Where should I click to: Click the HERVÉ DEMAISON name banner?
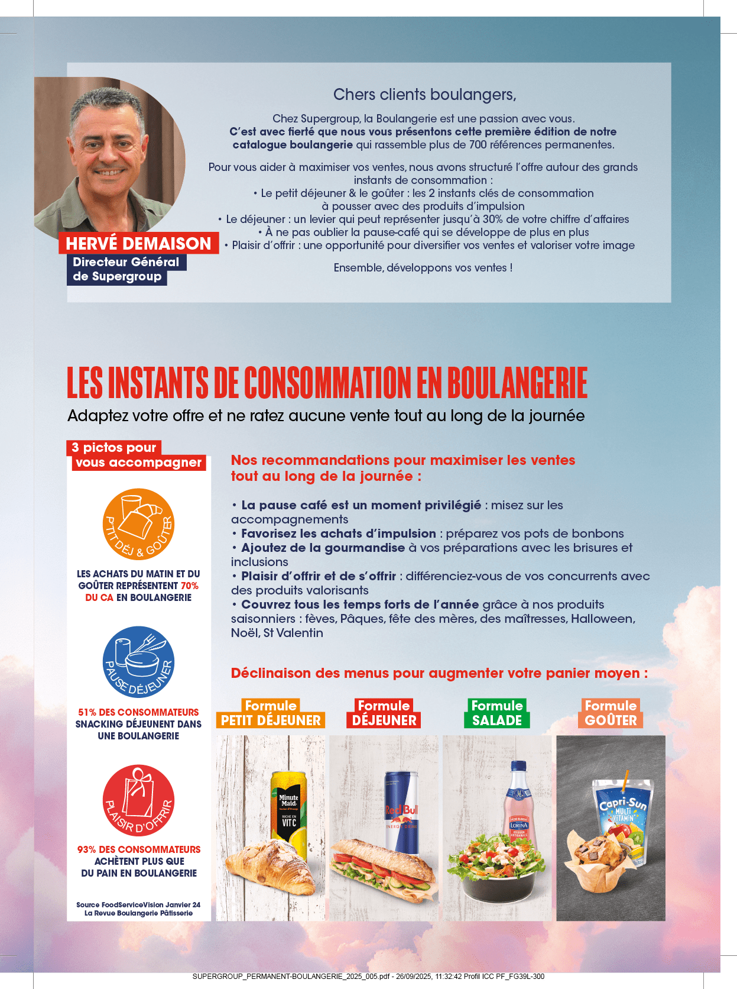[x=138, y=244]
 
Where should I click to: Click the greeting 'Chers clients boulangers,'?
[x=424, y=95]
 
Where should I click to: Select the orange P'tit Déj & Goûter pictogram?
[x=138, y=524]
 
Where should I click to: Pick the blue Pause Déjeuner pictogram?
[x=138, y=662]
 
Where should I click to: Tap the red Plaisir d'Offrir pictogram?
[x=138, y=800]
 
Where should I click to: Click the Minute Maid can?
[x=289, y=810]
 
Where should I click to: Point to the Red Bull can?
[x=402, y=810]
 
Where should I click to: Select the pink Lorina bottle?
[x=518, y=804]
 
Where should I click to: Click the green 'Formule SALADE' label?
[x=497, y=713]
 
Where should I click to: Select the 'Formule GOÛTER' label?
[x=611, y=713]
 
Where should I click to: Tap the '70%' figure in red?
[x=190, y=586]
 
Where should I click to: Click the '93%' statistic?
[x=87, y=849]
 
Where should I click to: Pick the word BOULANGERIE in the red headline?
[x=517, y=383]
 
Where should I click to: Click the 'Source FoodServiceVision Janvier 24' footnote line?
[x=138, y=904]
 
